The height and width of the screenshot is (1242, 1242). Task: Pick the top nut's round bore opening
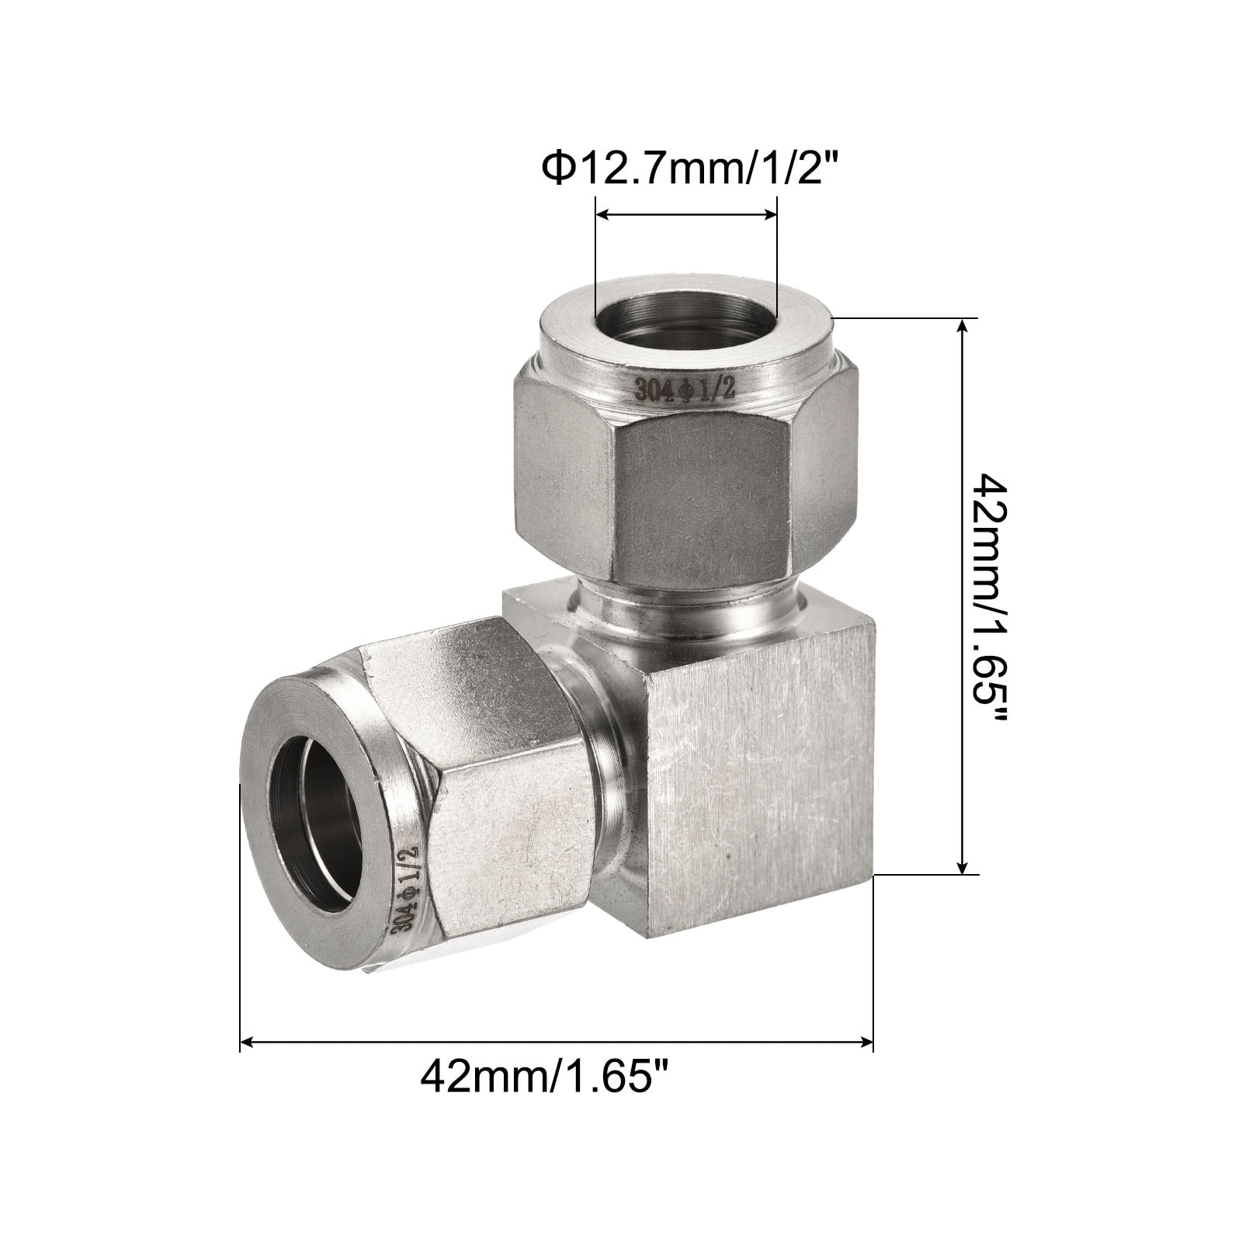(685, 313)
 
